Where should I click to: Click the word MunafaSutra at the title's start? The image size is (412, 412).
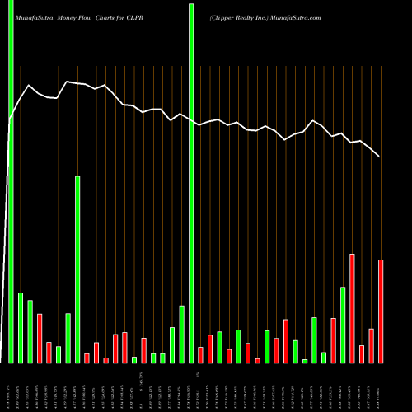tap(34, 16)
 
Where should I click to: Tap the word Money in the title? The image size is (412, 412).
tap(72, 16)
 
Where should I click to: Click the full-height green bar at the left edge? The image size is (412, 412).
tap(11, 181)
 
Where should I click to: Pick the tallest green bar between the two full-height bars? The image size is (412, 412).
tap(77, 269)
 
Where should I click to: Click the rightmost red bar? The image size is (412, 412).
tap(381, 311)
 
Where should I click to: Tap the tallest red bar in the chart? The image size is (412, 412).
tap(352, 308)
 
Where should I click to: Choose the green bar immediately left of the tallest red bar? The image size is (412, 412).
tap(343, 325)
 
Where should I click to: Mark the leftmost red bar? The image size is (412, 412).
tap(40, 339)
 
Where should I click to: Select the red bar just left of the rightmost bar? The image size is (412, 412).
tap(371, 346)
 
